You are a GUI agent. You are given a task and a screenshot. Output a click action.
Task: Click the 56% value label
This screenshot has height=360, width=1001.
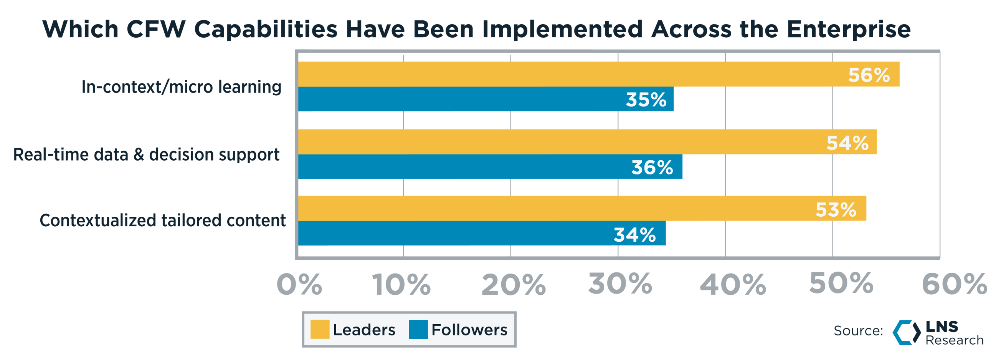click(869, 75)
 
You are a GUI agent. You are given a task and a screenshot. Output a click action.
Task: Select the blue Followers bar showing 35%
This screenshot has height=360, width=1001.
click(486, 100)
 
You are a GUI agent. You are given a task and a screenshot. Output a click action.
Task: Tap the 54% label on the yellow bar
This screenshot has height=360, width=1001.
click(847, 143)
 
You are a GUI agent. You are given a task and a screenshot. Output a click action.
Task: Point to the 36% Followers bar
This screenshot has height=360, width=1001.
click(490, 167)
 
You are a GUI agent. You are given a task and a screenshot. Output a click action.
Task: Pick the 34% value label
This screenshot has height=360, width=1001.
click(634, 235)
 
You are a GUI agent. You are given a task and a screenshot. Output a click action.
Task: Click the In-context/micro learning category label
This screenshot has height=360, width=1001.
click(181, 87)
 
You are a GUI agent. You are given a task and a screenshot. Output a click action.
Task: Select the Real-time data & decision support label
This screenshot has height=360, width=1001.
click(146, 154)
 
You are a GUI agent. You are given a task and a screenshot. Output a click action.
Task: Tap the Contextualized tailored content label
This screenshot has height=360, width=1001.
click(162, 221)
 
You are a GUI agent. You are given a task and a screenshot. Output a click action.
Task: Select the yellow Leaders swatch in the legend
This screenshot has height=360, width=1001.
click(320, 329)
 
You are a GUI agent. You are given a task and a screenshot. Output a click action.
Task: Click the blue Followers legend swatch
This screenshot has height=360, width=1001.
click(418, 329)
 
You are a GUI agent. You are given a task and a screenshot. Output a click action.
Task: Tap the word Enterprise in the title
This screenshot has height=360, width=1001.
click(849, 30)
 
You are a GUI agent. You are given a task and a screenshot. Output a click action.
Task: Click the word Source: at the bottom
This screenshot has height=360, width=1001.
click(858, 331)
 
